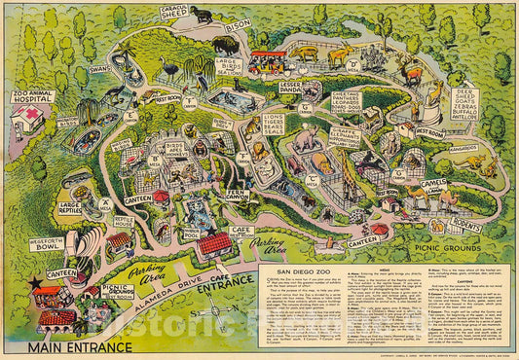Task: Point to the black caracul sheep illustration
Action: tap(204, 14)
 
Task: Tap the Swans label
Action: tap(100, 70)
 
